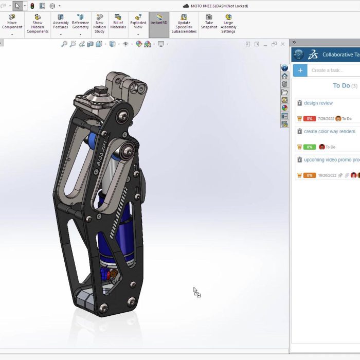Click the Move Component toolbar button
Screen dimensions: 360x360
(x=12, y=24)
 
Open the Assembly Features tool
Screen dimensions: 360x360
(x=61, y=24)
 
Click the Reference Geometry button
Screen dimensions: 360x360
(x=80, y=24)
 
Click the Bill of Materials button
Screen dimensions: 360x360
(x=118, y=24)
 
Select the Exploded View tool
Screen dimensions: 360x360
(x=138, y=24)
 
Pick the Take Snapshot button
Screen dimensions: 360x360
(x=209, y=24)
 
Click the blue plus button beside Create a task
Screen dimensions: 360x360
(x=300, y=70)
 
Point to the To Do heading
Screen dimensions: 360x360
(x=341, y=86)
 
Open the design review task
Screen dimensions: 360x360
(x=318, y=103)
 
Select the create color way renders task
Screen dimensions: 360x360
(x=329, y=132)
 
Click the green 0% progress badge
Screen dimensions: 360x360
(x=309, y=147)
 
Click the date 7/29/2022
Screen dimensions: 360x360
(x=326, y=119)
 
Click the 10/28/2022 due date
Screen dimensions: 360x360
(x=327, y=175)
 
